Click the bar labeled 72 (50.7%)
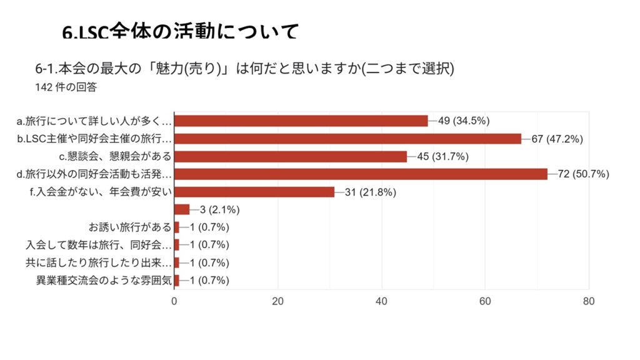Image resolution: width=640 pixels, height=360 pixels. click(x=361, y=174)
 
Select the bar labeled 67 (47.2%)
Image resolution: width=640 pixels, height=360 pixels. click(x=347, y=139)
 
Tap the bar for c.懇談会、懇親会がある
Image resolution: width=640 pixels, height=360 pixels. click(x=291, y=156)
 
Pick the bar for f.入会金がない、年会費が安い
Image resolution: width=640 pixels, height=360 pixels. click(x=254, y=192)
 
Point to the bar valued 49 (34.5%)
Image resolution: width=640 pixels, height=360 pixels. click(x=301, y=121)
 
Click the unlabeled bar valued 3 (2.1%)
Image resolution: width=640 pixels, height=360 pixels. click(x=182, y=209)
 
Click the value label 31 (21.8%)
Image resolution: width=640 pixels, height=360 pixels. click(x=370, y=192)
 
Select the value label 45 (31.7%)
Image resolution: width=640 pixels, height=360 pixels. click(x=442, y=156)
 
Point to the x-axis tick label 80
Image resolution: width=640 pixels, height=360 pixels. click(x=588, y=301)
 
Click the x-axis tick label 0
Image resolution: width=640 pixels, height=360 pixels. click(x=174, y=301)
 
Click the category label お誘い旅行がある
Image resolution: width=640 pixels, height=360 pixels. click(x=131, y=227)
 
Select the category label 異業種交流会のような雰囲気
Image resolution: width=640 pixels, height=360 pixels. click(x=104, y=281)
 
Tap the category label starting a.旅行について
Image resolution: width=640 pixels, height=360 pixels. click(x=94, y=121)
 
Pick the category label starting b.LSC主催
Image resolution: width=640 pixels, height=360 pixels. click(x=94, y=139)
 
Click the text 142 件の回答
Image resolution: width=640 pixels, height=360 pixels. click(x=67, y=87)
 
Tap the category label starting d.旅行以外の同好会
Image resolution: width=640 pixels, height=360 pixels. click(x=94, y=174)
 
